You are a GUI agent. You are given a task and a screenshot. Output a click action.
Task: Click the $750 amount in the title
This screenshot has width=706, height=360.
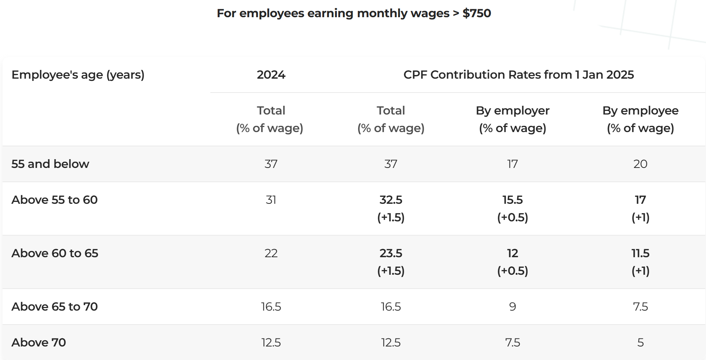tap(476, 13)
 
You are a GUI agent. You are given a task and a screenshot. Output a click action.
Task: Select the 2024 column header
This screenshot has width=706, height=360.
tap(271, 75)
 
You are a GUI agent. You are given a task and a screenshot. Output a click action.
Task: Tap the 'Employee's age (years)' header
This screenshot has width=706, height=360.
tap(78, 75)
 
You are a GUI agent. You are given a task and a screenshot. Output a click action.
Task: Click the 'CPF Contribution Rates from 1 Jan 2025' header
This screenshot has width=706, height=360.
tap(518, 75)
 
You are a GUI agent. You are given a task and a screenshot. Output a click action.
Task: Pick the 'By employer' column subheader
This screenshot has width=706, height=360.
tap(512, 110)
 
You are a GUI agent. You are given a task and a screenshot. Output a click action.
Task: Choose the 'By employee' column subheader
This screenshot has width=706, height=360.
tap(640, 110)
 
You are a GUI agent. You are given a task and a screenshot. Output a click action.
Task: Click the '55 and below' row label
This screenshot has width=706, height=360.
tap(50, 164)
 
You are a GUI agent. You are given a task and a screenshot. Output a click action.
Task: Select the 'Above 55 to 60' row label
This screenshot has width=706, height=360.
tap(55, 200)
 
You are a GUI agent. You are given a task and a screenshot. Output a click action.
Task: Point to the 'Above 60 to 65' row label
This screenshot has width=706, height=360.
tap(55, 253)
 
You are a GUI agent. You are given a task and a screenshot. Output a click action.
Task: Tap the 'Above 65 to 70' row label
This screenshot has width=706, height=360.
tap(55, 307)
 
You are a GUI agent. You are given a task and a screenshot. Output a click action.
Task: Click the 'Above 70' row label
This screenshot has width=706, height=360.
tap(38, 342)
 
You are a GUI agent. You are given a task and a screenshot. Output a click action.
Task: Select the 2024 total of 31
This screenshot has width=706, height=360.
tap(271, 200)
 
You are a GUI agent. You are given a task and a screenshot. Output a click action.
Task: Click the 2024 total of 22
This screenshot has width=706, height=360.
tap(271, 253)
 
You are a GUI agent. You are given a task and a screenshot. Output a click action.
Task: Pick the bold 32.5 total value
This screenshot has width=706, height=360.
tap(391, 200)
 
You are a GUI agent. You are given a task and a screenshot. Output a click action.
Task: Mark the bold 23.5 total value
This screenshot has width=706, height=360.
tap(391, 253)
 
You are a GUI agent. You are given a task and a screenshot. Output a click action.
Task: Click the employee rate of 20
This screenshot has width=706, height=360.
tap(640, 164)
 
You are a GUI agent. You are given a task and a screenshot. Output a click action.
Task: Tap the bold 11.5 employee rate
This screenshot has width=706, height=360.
tap(640, 253)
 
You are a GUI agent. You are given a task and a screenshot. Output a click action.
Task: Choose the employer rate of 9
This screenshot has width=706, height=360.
tap(512, 307)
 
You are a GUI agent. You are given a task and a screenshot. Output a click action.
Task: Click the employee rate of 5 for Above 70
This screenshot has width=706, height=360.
tap(640, 342)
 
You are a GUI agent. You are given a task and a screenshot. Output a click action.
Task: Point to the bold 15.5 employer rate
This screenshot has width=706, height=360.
tap(512, 200)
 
